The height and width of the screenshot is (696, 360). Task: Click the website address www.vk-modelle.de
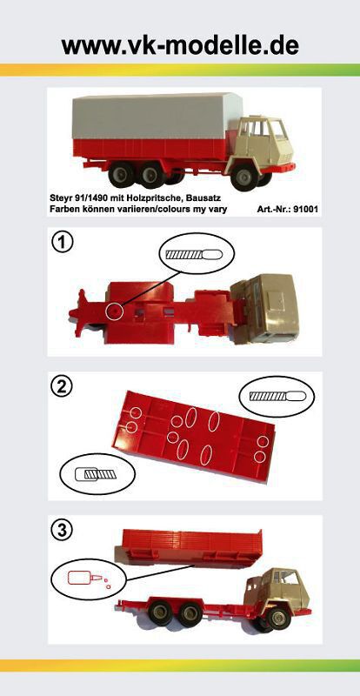point(180,45)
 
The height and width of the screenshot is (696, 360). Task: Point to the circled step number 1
point(62,244)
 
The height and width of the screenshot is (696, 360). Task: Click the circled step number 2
point(63,388)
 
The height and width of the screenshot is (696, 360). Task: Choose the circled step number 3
point(62,530)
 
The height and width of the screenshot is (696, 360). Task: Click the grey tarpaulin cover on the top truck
point(157,116)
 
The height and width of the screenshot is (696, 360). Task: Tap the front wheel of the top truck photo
point(244,177)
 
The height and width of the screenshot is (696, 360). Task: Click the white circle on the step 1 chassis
point(115,311)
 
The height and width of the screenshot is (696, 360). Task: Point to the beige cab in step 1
point(265,308)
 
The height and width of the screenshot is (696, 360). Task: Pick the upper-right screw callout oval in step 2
point(277,397)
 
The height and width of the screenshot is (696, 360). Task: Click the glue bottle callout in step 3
point(89,579)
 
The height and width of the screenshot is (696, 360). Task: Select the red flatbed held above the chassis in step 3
point(188,547)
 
